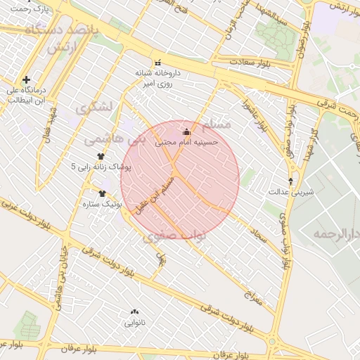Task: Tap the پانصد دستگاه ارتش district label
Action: click(x=56, y=38)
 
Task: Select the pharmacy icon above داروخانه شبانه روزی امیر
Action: click(x=157, y=62)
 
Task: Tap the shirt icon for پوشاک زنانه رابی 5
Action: click(x=101, y=156)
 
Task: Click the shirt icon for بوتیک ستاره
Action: click(x=103, y=193)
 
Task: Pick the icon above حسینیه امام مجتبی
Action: click(x=186, y=131)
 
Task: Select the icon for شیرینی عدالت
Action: click(x=291, y=181)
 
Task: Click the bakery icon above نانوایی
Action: click(x=135, y=311)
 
